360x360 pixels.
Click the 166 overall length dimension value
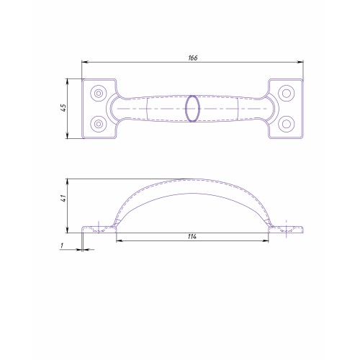click(193, 58)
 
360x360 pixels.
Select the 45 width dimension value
click(63, 107)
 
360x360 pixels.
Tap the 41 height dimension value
click(63, 198)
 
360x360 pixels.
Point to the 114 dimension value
click(192, 237)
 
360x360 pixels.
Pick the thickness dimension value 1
click(62, 246)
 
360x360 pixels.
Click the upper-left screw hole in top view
click(99, 93)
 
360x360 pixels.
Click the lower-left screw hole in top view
click(99, 124)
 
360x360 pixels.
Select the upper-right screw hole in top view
click(287, 93)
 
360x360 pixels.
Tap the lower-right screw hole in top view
click(287, 124)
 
